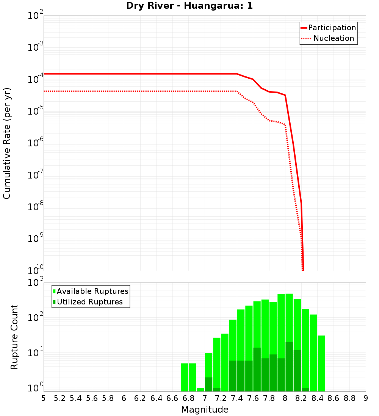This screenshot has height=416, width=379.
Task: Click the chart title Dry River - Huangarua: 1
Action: (x=189, y=6)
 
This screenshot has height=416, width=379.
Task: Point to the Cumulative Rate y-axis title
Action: (x=7, y=143)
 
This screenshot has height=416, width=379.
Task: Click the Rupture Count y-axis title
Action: (x=14, y=337)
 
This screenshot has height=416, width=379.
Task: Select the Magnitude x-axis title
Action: (x=205, y=410)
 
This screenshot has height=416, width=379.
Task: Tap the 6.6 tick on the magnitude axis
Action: (x=172, y=398)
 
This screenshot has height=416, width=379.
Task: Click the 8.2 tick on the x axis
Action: (x=301, y=398)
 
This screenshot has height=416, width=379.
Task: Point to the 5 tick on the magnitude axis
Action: (x=44, y=398)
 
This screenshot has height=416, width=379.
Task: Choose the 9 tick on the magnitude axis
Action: (x=366, y=398)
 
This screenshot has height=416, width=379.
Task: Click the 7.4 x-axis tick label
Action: (x=237, y=398)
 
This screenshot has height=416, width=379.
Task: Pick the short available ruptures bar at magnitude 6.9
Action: (x=200, y=390)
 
